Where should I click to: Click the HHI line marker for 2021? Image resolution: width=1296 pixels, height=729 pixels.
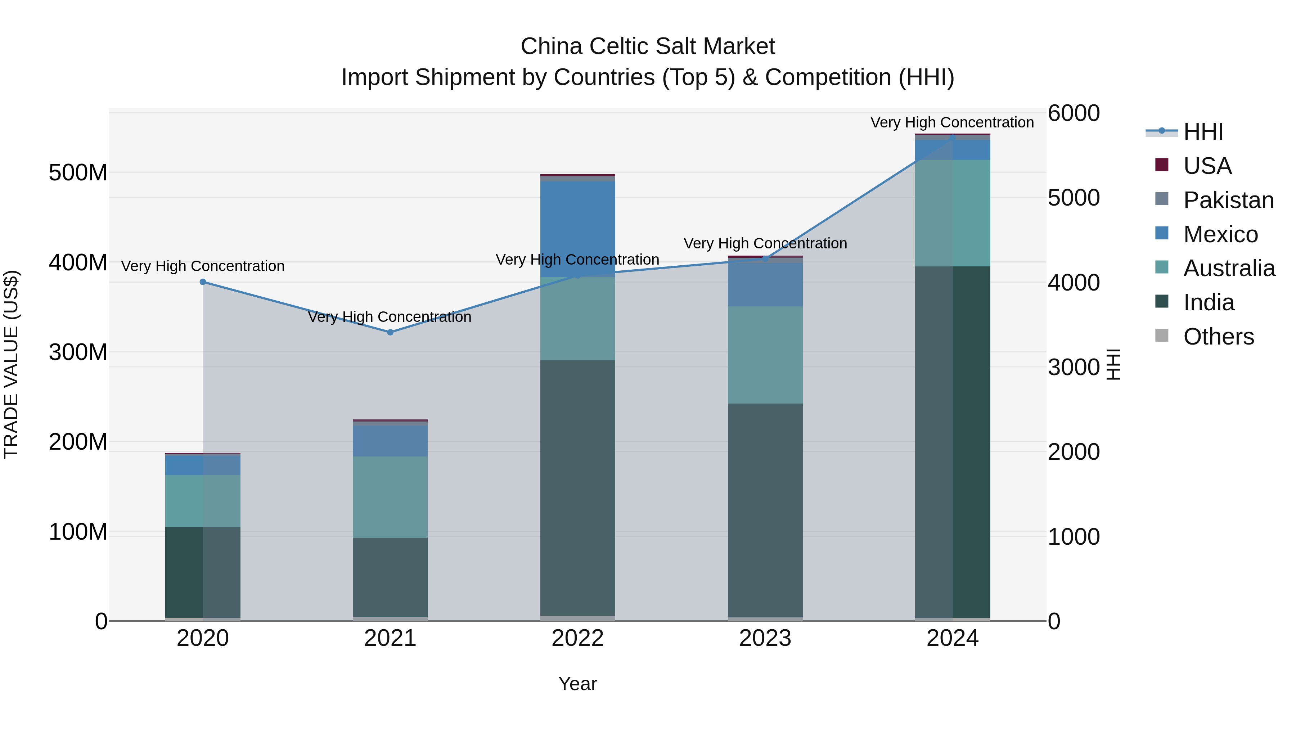coord(390,332)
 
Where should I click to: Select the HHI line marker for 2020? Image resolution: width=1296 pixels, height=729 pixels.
coord(203,282)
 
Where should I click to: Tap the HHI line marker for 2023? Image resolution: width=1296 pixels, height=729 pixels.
coord(765,258)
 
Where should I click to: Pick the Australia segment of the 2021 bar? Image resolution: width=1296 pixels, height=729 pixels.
coord(390,497)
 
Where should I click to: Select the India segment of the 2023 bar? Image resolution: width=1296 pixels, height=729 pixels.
coord(765,510)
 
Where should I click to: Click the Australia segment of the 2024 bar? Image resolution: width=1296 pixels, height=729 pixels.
coord(952,213)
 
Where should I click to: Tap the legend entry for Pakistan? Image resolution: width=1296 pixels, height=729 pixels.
coord(1228,200)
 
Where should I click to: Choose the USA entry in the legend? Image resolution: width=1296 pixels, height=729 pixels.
coord(1207,166)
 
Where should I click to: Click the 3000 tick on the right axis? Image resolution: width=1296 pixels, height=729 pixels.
coord(1073,367)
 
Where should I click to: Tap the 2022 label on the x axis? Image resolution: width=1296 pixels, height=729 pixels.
coord(577,638)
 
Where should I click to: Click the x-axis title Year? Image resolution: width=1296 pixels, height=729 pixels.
coord(577,684)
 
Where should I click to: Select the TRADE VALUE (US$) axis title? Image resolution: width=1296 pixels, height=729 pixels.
coord(11,364)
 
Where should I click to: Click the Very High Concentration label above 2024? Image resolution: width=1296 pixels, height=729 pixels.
coord(952,122)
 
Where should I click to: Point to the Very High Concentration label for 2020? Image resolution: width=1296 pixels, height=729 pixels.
coord(203,266)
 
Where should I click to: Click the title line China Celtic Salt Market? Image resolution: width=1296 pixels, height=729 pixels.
coord(648,46)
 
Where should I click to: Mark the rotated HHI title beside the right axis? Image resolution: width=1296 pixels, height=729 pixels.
coord(1113,364)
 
